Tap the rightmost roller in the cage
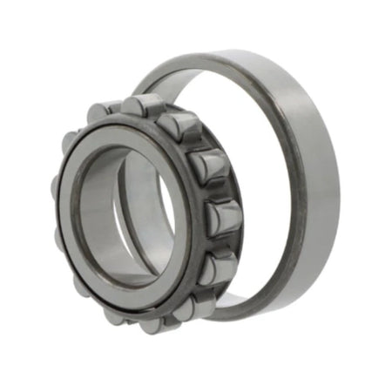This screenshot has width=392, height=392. click(225, 215)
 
